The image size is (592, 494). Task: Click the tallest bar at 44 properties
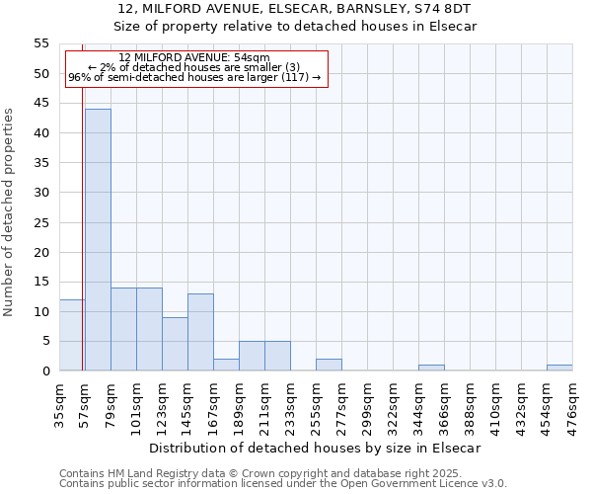[98, 240]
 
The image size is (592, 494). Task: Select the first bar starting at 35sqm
[72, 335]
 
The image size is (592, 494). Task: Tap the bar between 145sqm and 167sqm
[200, 332]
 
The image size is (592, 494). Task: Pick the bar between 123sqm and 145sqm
[175, 344]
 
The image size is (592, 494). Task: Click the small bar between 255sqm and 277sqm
[329, 365]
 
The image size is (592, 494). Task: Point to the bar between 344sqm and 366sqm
[431, 368]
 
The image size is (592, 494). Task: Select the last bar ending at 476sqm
[559, 368]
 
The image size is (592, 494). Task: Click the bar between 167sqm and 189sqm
[226, 365]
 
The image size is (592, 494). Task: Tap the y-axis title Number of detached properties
[9, 212]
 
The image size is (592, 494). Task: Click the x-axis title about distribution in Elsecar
[316, 448]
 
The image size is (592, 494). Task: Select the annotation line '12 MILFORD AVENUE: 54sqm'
[193, 58]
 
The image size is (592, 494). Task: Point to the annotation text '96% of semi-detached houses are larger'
[193, 78]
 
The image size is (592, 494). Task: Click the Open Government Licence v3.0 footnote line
[283, 484]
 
